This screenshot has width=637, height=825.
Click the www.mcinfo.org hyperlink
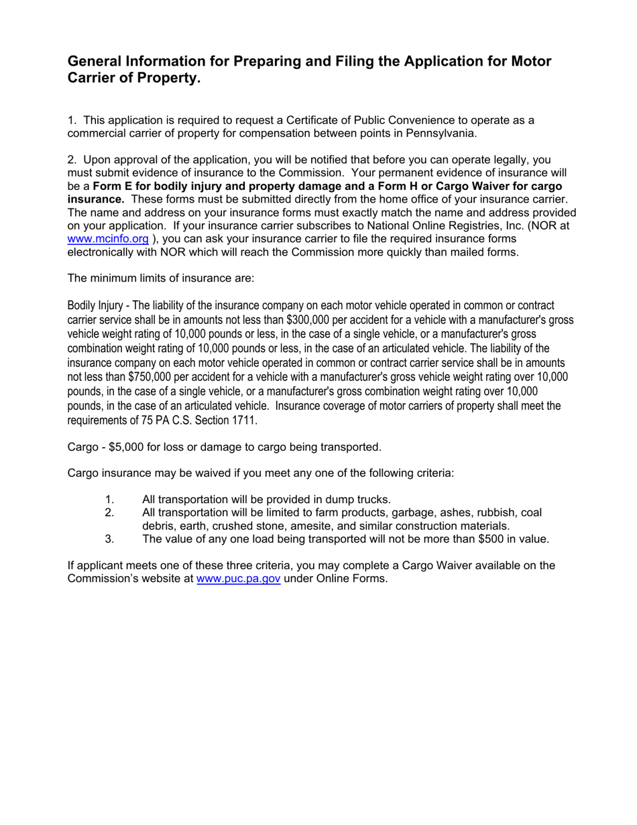pos(108,239)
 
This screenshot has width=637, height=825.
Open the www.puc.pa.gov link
pos(238,578)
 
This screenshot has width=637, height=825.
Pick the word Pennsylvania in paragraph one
pos(445,133)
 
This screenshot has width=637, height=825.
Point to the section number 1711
pos(245,421)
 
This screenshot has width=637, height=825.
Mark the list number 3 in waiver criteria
pos(110,539)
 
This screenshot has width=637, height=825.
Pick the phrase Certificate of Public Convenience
pos(363,120)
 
